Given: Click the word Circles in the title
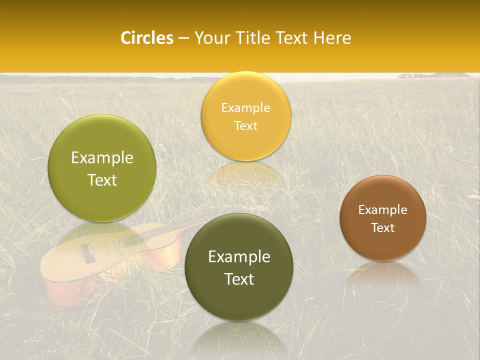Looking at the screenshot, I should click(147, 38).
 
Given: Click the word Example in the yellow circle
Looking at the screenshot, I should click(245, 108).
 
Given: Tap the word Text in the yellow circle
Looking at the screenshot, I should click(245, 126).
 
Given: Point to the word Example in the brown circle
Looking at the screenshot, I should click(383, 210).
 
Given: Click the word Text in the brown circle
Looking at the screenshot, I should click(383, 228).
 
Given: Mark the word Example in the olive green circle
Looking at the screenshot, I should click(102, 158).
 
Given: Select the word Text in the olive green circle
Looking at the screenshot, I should click(102, 180).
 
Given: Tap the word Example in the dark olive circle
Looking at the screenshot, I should click(239, 257).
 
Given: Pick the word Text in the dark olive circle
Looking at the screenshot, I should click(239, 279).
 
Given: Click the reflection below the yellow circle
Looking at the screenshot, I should click(245, 172).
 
